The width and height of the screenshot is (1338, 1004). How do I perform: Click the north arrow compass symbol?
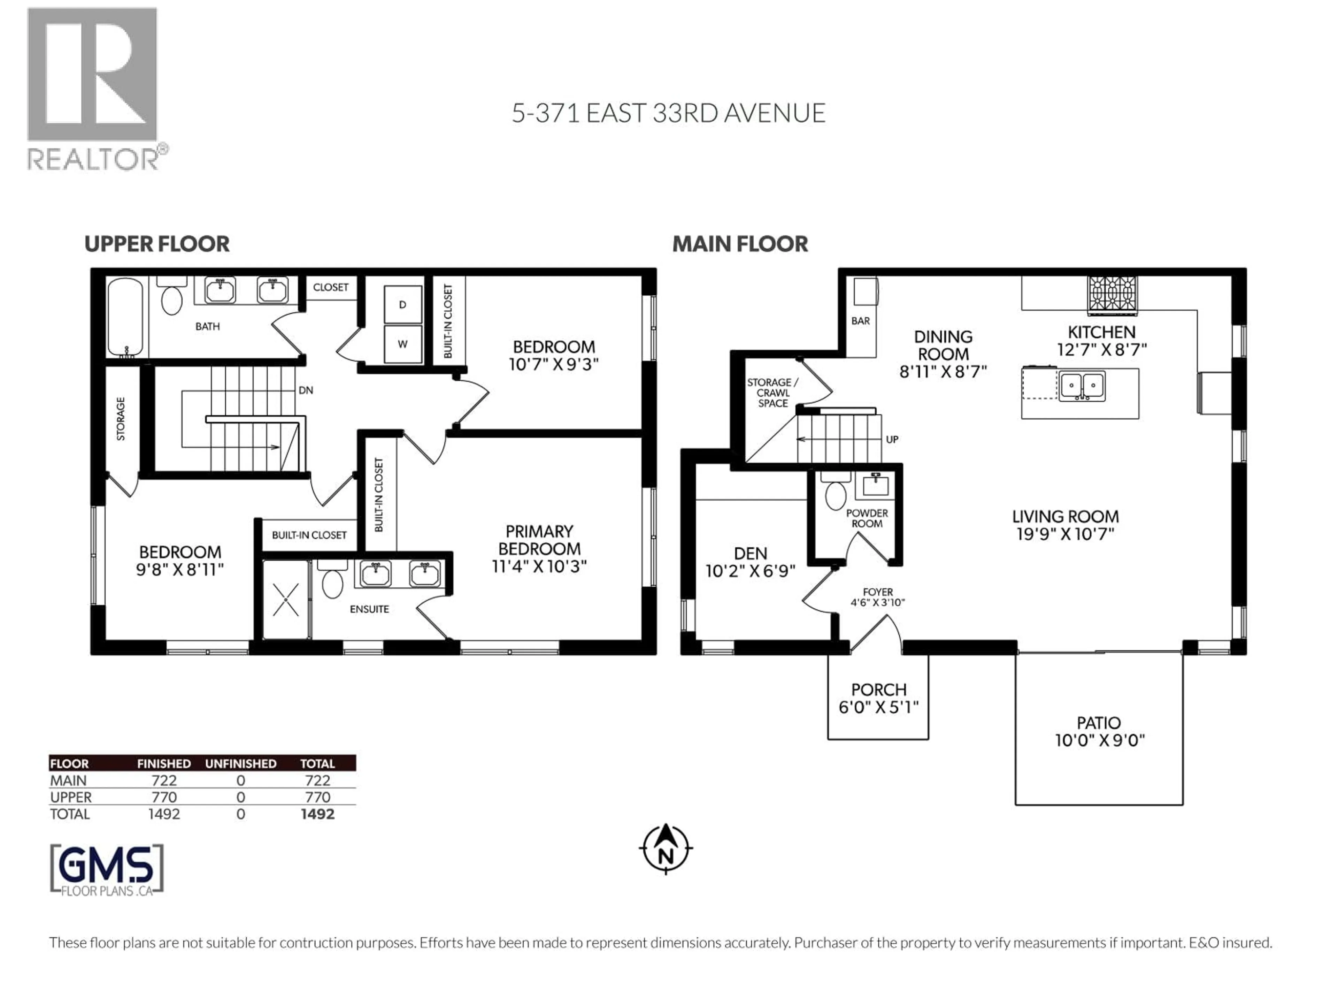pos(666,849)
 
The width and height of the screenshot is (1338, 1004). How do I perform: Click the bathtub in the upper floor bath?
pos(126,318)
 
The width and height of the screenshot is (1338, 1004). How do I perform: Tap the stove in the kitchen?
pos(1112,295)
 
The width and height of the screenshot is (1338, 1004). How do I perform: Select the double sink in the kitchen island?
pos(1082,386)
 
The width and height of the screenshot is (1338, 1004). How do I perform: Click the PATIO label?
pos(1099,723)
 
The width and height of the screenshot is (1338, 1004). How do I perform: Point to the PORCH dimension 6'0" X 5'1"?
pos(878,707)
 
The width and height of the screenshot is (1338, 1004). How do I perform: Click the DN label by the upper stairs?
pos(306,390)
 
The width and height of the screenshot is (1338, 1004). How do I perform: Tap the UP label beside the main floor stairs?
pos(892,439)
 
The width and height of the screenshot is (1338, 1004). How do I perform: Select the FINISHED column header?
pos(164,764)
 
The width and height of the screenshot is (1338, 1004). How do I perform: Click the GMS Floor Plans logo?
pos(107,870)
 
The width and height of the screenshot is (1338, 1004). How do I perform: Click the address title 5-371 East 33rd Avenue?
pos(668,113)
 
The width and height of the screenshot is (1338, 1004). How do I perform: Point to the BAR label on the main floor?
pos(861,321)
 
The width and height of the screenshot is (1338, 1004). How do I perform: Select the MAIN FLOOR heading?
pos(740,244)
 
